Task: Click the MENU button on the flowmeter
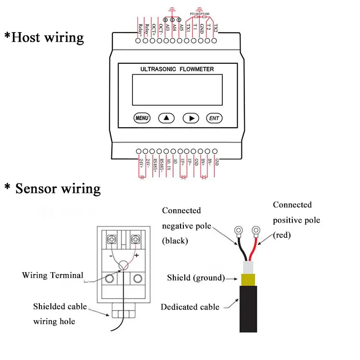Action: [142, 118]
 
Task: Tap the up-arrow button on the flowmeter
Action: [167, 118]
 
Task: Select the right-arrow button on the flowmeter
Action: [191, 118]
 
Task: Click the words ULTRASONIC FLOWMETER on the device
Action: [177, 69]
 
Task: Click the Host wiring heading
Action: [44, 37]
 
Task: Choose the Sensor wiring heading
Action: [53, 188]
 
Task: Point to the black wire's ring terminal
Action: [237, 231]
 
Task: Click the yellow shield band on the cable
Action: [248, 278]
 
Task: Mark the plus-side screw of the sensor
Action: [136, 239]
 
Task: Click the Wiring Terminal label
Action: [52, 276]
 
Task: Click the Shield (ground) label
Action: [196, 277]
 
